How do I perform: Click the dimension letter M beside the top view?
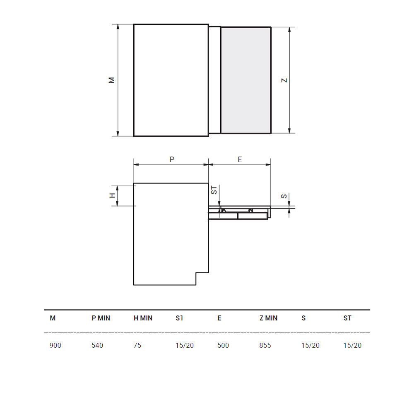[x=111, y=80]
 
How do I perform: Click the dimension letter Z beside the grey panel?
[x=284, y=80]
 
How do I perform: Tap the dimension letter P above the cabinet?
[x=172, y=159]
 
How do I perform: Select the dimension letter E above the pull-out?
[x=240, y=159]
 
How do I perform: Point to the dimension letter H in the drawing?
[x=112, y=196]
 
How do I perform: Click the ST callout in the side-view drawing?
[x=214, y=190]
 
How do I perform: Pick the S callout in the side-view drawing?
[x=284, y=196]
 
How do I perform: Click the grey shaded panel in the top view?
[x=246, y=80]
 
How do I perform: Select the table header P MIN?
[x=101, y=318]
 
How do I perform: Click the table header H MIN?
[x=143, y=318]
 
